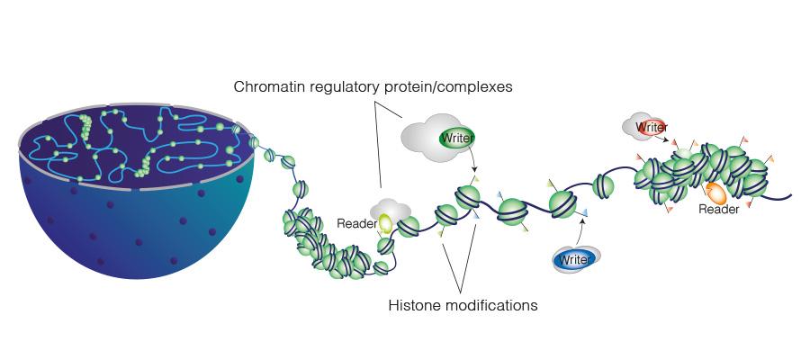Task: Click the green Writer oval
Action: point(456,138)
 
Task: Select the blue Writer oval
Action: point(573,260)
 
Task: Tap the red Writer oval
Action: point(652,127)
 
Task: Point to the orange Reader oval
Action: point(716,193)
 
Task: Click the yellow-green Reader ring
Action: point(385,223)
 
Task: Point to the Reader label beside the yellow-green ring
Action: point(356,223)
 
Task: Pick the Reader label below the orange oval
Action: point(718,209)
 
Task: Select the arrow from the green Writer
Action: point(472,157)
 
